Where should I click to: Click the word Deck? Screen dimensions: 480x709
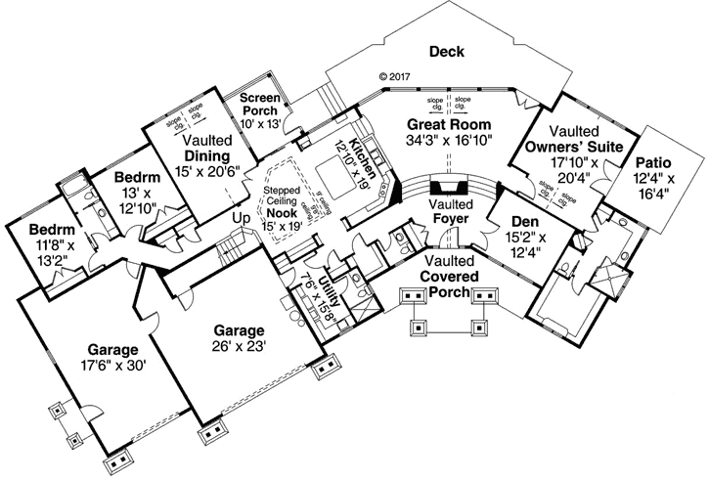[x=446, y=52]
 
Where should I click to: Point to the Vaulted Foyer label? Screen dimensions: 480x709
[x=451, y=211]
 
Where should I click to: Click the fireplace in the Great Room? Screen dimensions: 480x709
[x=451, y=186]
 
